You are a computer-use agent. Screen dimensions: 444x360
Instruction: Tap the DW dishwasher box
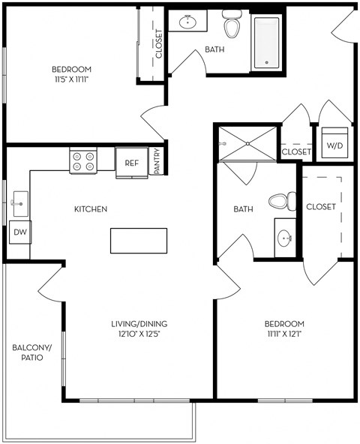pos(20,232)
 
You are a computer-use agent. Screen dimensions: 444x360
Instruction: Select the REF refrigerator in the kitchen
pos(131,163)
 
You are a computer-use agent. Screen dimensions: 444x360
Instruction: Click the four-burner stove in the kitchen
pos(85,161)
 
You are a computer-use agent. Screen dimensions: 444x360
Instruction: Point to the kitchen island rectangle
pos(139,241)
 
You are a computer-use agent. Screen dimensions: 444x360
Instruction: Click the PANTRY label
pos(157,161)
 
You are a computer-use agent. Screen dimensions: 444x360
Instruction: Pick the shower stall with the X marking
pos(246,143)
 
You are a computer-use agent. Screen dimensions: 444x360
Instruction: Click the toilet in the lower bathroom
pos(280,202)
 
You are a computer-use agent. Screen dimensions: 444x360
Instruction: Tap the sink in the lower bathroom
pos(284,238)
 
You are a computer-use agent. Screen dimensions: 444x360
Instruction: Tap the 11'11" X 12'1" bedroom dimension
pos(283,334)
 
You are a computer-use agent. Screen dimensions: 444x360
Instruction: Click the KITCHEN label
pos(90,208)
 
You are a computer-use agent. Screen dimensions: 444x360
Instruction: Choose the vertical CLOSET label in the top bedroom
pos(159,44)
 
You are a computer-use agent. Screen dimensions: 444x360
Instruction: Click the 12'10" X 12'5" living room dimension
pos(136,334)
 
